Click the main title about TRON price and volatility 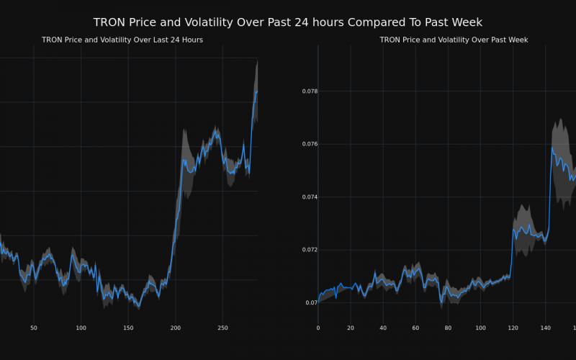coord(288,22)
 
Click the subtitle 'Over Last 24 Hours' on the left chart coord(122,40)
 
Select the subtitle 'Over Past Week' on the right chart coord(454,40)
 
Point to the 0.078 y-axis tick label coord(309,91)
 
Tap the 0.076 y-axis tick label coord(309,145)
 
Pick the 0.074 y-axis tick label coord(309,197)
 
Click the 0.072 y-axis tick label coord(309,250)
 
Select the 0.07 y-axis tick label coord(311,303)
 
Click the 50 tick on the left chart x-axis coord(34,328)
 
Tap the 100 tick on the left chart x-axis coord(81,328)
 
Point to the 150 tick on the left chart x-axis coord(128,328)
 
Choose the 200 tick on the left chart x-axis coord(176,328)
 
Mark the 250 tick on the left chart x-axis coord(222,328)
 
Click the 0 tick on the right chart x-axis coord(318,328)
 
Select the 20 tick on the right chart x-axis coord(351,328)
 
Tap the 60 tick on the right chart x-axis coord(415,328)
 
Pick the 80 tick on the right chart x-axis coord(448,328)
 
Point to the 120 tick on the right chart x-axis coord(513,328)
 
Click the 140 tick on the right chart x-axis coord(545,328)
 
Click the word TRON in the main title coord(110,22)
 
